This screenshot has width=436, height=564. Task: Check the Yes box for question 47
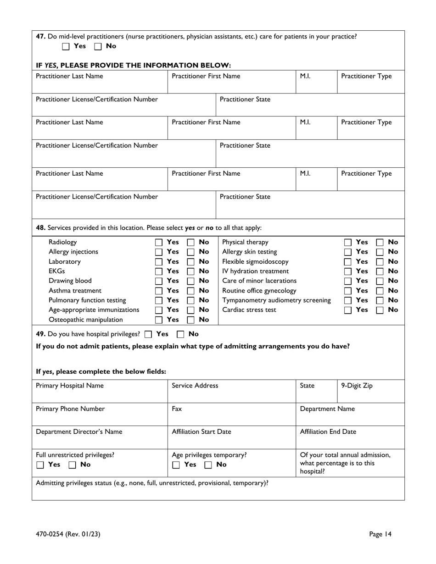pyautogui.click(x=66, y=46)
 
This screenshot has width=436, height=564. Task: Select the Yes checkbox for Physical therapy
pyautogui.click(x=349, y=242)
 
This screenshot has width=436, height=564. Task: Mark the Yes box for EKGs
pyautogui.click(x=159, y=271)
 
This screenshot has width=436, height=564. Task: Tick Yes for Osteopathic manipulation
pyautogui.click(x=159, y=320)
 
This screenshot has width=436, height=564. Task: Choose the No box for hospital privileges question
pyautogui.click(x=181, y=334)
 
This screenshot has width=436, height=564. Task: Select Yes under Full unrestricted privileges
pyautogui.click(x=40, y=465)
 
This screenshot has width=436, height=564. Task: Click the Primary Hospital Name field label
pyautogui.click(x=69, y=386)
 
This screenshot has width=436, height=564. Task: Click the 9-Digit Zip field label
pyautogui.click(x=357, y=386)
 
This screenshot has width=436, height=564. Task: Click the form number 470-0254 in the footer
pyautogui.click(x=68, y=534)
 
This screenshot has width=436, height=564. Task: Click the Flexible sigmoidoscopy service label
pyautogui.click(x=255, y=261)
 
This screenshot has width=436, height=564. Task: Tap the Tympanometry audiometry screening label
pyautogui.click(x=276, y=300)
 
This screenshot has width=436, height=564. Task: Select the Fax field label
pyautogui.click(x=177, y=409)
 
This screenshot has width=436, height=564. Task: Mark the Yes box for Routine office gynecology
pyautogui.click(x=349, y=291)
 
